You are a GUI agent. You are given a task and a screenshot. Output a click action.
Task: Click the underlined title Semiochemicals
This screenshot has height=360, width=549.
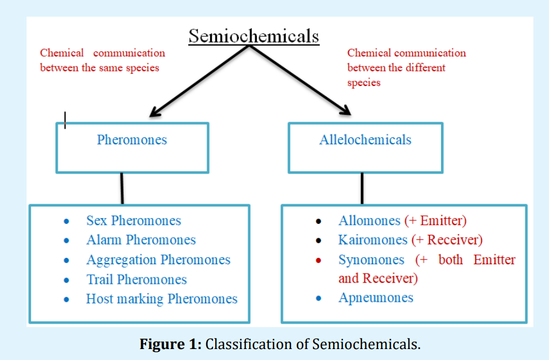click(x=254, y=36)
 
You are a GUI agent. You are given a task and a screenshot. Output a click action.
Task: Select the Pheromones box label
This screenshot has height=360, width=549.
click(x=132, y=140)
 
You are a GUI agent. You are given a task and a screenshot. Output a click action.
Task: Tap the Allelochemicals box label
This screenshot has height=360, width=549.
click(x=365, y=140)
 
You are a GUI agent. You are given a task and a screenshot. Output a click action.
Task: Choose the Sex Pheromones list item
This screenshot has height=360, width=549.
click(x=133, y=220)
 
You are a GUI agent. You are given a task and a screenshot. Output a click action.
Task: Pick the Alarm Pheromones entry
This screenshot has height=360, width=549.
click(x=141, y=240)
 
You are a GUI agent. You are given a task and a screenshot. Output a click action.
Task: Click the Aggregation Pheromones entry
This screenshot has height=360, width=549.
click(x=158, y=260)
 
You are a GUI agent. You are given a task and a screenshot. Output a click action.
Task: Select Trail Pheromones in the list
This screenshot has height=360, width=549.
click(x=136, y=280)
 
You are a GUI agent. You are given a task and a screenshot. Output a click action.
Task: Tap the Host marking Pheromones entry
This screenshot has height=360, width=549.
click(x=162, y=299)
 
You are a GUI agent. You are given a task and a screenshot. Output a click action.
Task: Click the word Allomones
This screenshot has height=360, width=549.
click(x=369, y=220)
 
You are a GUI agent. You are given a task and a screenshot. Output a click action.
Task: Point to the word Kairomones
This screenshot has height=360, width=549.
click(x=372, y=240)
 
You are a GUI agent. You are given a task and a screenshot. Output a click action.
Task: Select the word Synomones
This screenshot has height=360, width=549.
click(x=371, y=260)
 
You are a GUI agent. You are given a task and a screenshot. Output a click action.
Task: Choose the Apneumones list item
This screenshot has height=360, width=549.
click(x=376, y=298)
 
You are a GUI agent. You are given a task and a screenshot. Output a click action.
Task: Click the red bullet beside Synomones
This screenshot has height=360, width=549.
click(x=318, y=260)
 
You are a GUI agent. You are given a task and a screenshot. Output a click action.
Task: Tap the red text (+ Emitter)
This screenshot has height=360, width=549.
click(x=435, y=220)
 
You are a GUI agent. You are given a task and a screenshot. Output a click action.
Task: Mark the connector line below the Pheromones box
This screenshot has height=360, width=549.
click(x=122, y=188)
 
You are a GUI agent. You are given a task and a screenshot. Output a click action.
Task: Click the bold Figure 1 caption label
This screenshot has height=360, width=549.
click(x=171, y=345)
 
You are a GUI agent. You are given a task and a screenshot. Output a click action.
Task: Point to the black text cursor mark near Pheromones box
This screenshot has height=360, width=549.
click(x=65, y=120)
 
